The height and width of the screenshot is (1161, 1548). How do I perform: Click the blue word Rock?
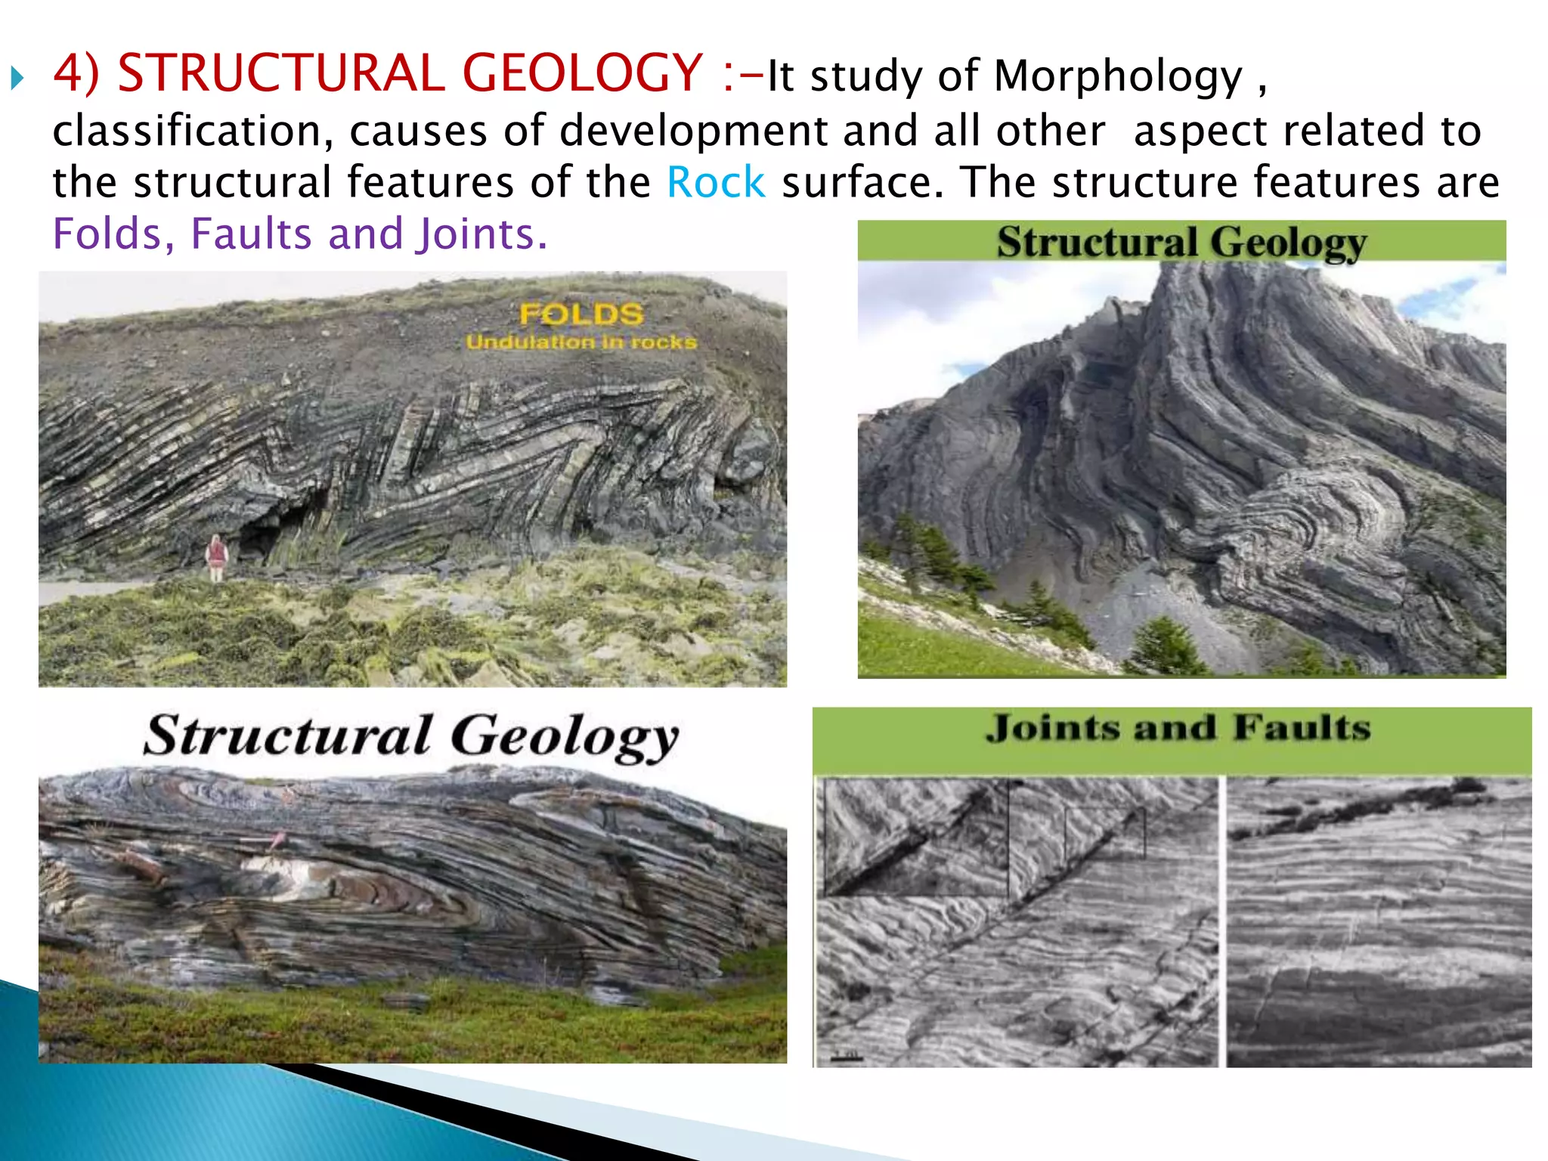(715, 183)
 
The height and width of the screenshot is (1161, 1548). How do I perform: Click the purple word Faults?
(251, 234)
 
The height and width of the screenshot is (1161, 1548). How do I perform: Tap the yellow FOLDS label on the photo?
(581, 314)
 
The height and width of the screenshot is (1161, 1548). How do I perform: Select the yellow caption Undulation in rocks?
(581, 342)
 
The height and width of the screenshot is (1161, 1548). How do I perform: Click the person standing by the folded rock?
(217, 557)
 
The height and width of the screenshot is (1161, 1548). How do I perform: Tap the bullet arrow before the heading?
(17, 77)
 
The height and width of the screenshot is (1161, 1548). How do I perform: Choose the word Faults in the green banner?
(1301, 729)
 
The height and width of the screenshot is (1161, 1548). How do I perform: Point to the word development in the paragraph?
(693, 132)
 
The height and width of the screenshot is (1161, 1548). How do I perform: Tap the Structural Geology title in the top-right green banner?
(1181, 243)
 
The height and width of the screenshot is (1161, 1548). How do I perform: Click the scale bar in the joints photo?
(847, 1057)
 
